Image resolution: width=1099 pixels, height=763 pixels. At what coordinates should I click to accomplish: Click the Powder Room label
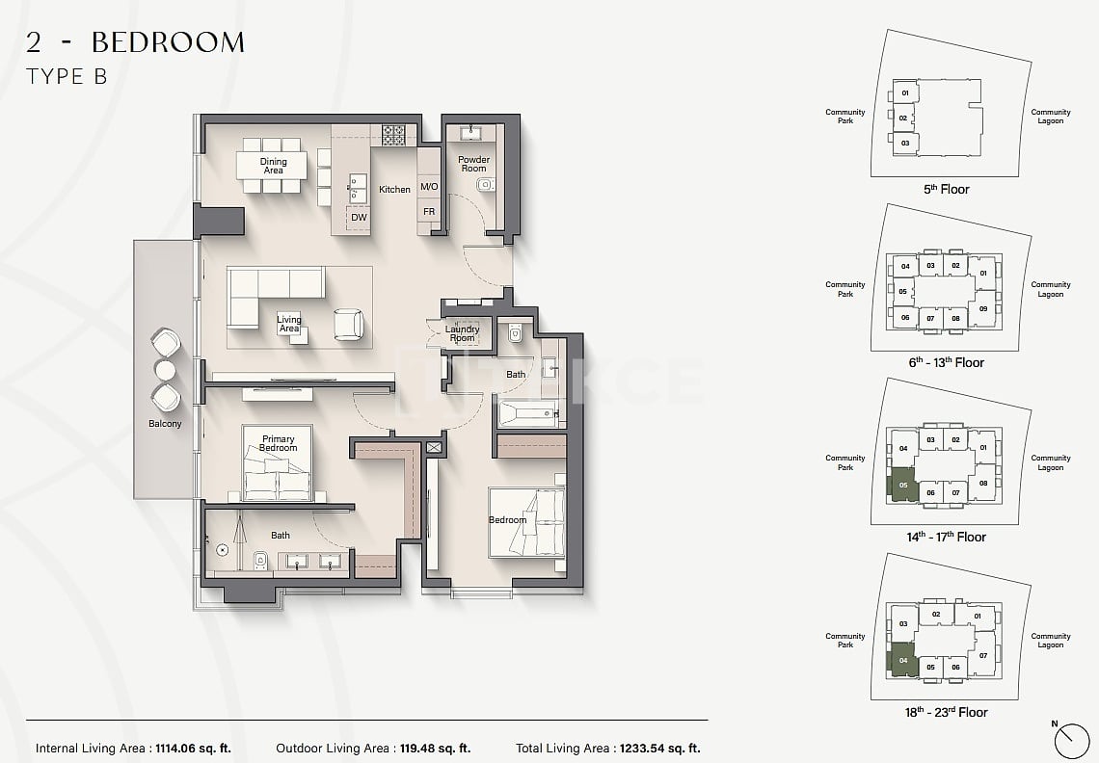pyautogui.click(x=473, y=164)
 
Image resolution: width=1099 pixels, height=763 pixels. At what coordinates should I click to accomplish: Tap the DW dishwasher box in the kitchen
pyautogui.click(x=359, y=218)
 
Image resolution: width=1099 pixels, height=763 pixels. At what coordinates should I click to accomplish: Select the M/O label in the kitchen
pyautogui.click(x=429, y=187)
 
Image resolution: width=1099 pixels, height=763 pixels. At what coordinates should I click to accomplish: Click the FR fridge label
pyautogui.click(x=429, y=212)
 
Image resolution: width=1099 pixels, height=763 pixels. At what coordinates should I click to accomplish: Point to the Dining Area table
pyautogui.click(x=273, y=166)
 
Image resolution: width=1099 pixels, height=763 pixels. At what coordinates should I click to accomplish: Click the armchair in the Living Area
pyautogui.click(x=348, y=324)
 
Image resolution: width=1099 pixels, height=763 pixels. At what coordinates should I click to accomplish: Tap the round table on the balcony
pyautogui.click(x=166, y=370)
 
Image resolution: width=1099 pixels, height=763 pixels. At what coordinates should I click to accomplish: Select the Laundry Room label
pyautogui.click(x=463, y=333)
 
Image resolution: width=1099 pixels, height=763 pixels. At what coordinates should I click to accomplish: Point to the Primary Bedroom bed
pyautogui.click(x=278, y=475)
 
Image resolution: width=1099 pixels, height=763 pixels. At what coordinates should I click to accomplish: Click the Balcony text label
pyautogui.click(x=165, y=424)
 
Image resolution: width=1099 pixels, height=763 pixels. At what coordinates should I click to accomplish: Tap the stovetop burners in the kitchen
pyautogui.click(x=392, y=136)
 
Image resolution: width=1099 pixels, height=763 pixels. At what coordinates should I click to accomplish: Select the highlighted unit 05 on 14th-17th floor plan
pyautogui.click(x=902, y=485)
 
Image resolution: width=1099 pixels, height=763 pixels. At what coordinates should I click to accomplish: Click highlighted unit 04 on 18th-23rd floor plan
pyautogui.click(x=902, y=661)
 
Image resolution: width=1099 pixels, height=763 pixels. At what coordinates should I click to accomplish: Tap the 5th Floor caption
pyautogui.click(x=946, y=190)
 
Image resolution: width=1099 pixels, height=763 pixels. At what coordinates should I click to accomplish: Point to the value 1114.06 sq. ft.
pyautogui.click(x=192, y=748)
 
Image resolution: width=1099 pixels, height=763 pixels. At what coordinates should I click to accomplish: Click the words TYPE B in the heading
pyautogui.click(x=67, y=78)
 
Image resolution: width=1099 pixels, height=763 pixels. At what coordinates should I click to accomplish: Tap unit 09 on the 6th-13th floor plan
pyautogui.click(x=983, y=309)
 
